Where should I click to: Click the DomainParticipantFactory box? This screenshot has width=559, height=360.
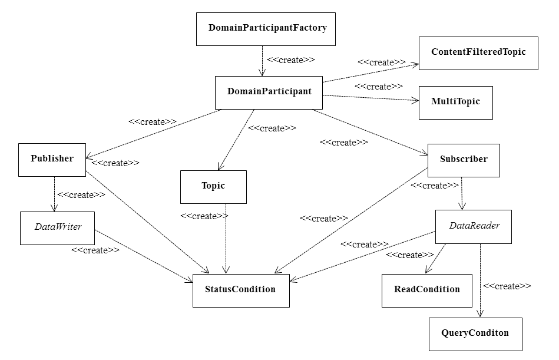coord(266,29)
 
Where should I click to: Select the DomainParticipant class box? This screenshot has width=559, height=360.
coord(269,93)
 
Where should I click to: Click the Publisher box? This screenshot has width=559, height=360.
coord(52,160)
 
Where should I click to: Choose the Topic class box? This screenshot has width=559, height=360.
coord(213,187)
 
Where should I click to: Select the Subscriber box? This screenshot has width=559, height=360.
coord(463,160)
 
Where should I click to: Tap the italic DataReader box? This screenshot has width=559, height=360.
coord(473,227)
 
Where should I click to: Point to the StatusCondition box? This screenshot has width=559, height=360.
coord(241,290)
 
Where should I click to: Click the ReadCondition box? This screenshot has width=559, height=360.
coord(426,290)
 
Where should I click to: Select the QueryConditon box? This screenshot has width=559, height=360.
coord(475,333)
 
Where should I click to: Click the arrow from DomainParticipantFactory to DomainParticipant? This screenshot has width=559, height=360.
coord(262,61)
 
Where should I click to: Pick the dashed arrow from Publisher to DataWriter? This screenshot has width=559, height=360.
coord(54,194)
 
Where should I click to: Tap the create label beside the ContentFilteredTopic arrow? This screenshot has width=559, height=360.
coord(381,62)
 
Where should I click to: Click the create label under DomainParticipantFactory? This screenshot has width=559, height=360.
coord(290,60)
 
